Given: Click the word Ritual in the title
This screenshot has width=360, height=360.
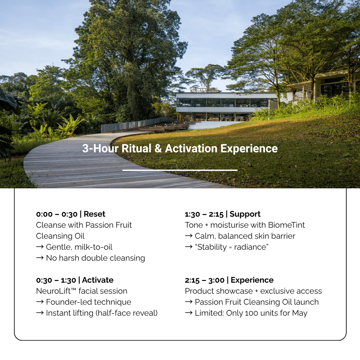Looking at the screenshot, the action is [x=136, y=148].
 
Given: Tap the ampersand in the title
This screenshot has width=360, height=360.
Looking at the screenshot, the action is [x=158, y=148].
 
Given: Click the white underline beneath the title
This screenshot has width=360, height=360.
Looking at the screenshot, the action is [x=180, y=170].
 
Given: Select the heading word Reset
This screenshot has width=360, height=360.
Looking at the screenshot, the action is [x=94, y=214].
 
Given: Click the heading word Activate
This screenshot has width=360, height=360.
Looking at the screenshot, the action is [x=98, y=280].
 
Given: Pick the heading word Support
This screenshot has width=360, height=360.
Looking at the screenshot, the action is [x=245, y=214].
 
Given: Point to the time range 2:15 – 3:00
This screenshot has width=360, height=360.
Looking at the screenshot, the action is [x=205, y=280].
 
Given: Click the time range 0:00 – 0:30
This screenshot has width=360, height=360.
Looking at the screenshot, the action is [x=57, y=214].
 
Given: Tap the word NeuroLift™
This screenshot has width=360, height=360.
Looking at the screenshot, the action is [x=56, y=291].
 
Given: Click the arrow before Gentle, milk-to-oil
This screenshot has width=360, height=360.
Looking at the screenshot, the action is [x=40, y=247].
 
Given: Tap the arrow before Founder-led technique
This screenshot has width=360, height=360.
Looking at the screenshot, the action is [x=40, y=302].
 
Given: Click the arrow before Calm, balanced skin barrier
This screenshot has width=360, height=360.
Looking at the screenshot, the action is [x=188, y=236].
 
